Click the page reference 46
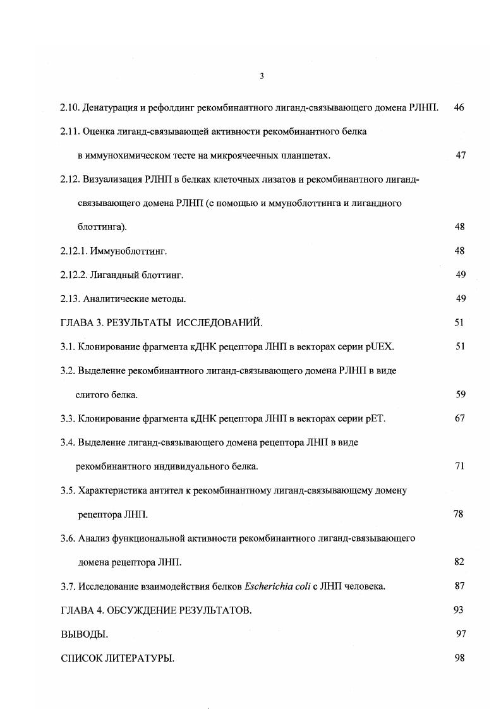pyautogui.click(x=459, y=107)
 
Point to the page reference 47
pyautogui.click(x=461, y=155)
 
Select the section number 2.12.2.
pyautogui.click(x=74, y=275)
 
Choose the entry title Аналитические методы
pyautogui.click(x=135, y=299)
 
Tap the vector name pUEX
pyautogui.click(x=383, y=347)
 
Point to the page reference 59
pyautogui.click(x=461, y=395)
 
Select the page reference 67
pyautogui.click(x=460, y=418)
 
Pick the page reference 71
pyautogui.click(x=460, y=466)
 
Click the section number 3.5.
pyautogui.click(x=68, y=490)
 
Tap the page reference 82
pyautogui.click(x=459, y=562)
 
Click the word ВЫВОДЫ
pyautogui.click(x=84, y=634)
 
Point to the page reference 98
pyautogui.click(x=459, y=658)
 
